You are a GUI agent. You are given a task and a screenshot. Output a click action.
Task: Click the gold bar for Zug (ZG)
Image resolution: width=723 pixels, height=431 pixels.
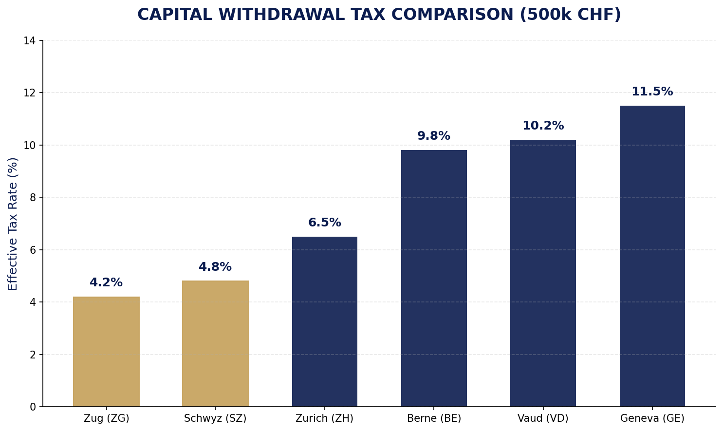[106, 352]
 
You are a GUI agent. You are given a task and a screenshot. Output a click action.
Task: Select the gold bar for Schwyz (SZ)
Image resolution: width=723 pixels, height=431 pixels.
[215, 344]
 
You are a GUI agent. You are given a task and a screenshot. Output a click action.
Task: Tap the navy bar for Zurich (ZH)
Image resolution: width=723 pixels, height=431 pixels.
[324, 321]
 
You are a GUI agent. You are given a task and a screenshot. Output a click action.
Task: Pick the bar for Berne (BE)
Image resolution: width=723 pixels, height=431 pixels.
[434, 278]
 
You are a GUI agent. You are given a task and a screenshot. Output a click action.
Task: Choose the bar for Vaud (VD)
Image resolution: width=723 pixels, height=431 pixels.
[543, 273]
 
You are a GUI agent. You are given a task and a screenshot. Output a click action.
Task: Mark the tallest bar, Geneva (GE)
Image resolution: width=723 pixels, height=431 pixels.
[652, 256]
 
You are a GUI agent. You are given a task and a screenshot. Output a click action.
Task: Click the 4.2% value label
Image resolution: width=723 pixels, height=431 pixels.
[106, 283]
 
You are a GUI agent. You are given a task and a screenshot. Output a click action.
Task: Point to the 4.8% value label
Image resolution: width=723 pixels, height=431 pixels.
[215, 267]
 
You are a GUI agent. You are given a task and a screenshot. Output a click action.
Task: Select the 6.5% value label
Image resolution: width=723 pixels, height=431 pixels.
[324, 223]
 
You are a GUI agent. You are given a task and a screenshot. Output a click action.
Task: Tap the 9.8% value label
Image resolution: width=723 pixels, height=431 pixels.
[434, 136]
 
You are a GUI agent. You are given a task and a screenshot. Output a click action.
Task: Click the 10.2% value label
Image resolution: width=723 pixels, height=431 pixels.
[543, 126]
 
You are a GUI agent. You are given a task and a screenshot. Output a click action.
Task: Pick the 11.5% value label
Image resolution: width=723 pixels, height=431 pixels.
[652, 92]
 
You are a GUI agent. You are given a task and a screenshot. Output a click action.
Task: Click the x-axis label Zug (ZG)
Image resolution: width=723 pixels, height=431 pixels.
[106, 418]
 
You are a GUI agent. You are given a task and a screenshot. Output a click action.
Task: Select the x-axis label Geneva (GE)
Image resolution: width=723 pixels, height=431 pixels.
[652, 418]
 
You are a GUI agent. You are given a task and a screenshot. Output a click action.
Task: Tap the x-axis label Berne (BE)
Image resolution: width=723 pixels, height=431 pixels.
[434, 418]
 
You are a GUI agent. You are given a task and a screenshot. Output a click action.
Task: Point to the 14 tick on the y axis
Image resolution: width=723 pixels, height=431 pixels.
[30, 41]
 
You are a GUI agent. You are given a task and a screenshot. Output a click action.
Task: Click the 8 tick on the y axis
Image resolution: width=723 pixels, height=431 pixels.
[33, 198]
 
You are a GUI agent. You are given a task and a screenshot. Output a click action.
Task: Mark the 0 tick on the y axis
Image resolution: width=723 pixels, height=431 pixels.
[33, 407]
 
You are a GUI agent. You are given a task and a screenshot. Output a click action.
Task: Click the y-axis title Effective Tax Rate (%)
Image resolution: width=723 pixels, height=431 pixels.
[13, 224]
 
